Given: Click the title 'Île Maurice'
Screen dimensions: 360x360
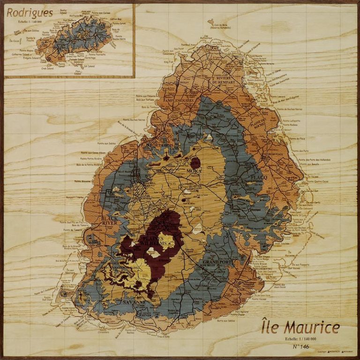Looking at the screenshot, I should [300, 327].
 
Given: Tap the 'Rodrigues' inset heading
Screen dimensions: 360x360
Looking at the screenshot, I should [30, 13].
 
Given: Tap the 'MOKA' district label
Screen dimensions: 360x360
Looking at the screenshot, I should [194, 172].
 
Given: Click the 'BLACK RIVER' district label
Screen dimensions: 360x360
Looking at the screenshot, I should [109, 220].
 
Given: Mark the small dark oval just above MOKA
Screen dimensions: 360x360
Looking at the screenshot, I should [195, 163].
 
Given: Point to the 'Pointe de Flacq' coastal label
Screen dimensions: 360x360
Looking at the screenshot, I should [297, 139].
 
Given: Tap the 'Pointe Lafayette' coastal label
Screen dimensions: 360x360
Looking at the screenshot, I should [292, 120].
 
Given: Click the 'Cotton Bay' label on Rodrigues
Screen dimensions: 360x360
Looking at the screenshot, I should [116, 19].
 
